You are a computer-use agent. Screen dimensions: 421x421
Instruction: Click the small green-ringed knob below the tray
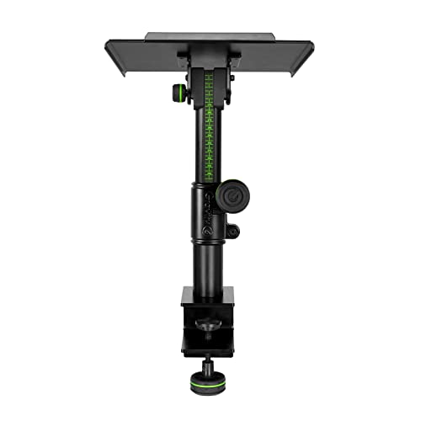point(180,91)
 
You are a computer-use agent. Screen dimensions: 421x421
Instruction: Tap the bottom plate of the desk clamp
point(207,345)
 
